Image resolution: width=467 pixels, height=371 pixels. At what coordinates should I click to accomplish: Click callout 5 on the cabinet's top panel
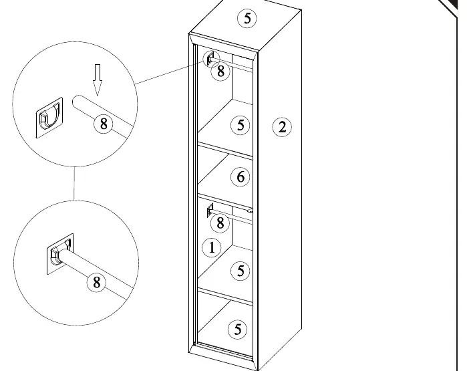tap(247, 19)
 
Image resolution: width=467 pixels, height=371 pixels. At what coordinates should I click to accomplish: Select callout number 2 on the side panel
tap(282, 127)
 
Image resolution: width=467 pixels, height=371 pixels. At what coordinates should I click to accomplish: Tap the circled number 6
tap(241, 177)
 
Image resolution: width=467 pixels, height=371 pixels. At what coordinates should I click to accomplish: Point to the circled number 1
tap(212, 247)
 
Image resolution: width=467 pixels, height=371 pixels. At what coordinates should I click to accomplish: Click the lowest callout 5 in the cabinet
tap(238, 330)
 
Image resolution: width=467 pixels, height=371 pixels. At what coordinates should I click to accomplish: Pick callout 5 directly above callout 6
tap(241, 125)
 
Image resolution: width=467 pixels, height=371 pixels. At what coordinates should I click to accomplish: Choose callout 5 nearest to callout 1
tap(241, 271)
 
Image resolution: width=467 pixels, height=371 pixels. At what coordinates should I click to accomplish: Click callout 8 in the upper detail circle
tap(104, 124)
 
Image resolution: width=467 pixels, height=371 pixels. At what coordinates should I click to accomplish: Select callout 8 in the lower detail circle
tap(97, 282)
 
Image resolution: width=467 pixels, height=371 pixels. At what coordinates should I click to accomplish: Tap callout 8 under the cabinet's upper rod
tap(220, 72)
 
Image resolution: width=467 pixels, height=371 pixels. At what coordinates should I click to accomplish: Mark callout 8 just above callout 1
tap(220, 223)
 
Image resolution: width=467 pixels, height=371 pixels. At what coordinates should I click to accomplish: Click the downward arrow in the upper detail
tap(97, 80)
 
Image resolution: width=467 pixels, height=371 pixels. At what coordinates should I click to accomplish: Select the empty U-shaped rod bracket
tap(49, 118)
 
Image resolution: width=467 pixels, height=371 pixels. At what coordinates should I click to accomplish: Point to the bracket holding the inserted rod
tap(60, 253)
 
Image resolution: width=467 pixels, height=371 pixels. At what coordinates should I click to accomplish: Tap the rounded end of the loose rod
tap(76, 101)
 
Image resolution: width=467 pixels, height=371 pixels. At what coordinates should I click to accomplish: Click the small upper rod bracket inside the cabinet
tap(210, 59)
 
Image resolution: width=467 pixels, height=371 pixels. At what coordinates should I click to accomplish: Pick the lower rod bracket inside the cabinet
tap(210, 211)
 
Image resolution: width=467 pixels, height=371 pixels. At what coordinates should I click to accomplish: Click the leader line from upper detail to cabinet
tap(170, 73)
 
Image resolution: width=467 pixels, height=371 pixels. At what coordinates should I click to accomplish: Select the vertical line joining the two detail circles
tap(74, 183)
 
